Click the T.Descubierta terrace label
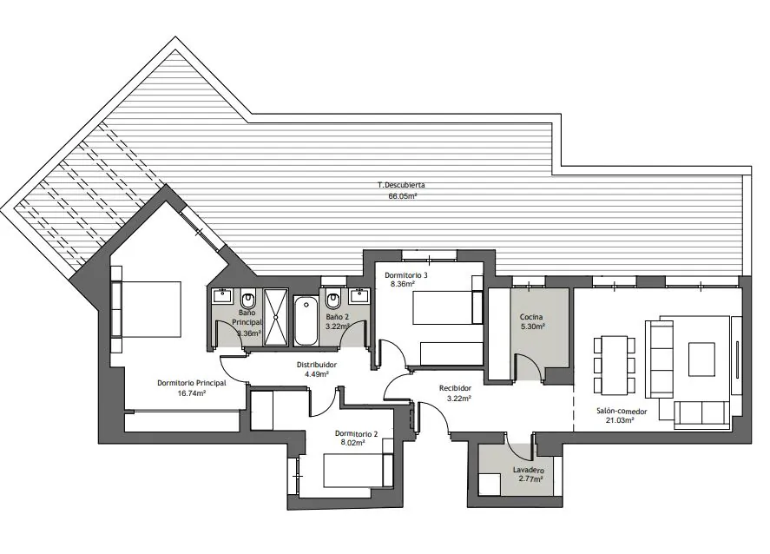(401, 185)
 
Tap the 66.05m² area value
(403, 196)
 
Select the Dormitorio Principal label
(192, 383)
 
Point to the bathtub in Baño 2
(306, 320)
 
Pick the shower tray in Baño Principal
(275, 317)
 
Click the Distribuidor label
(317, 365)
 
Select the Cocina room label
(531, 317)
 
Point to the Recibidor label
(455, 388)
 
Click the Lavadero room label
(529, 470)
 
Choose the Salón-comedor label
(622, 412)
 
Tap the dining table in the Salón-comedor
(615, 365)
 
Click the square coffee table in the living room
(701, 359)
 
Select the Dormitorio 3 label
(406, 275)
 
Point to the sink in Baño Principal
(222, 295)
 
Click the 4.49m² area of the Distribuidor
(317, 373)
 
